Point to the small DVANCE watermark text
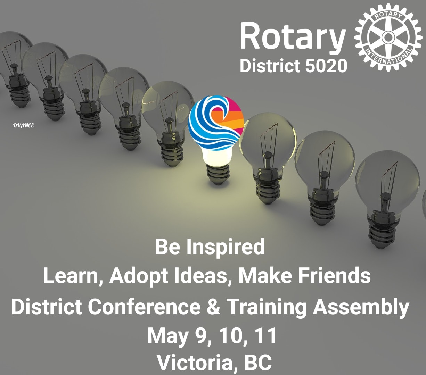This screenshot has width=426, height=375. pos(23,126)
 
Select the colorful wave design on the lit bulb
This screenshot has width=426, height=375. pos(216,123)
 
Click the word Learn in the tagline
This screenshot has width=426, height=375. pos(71,276)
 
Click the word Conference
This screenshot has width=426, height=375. pos(144,307)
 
